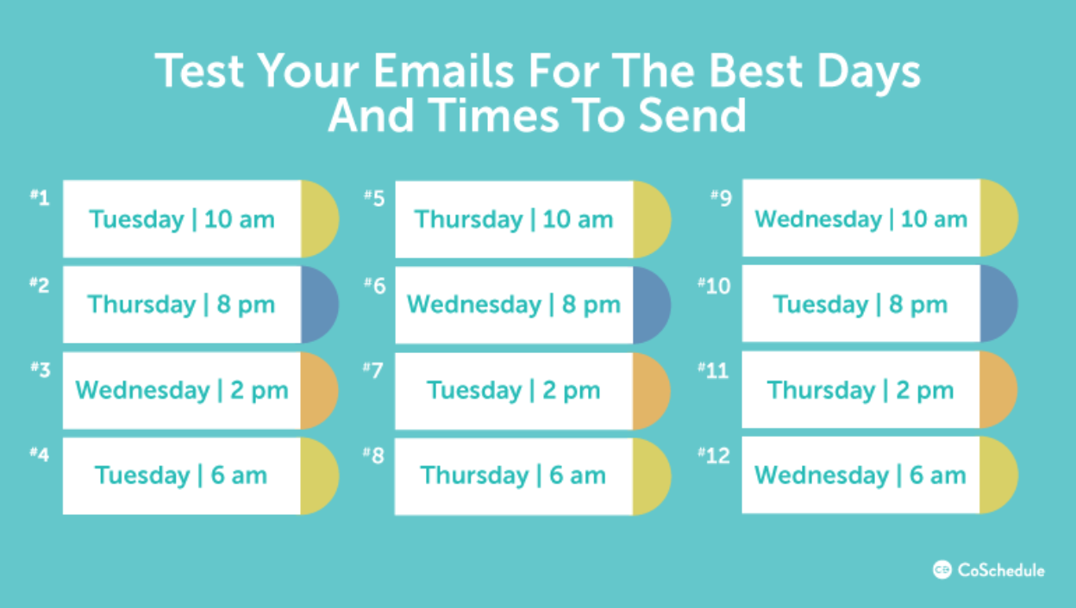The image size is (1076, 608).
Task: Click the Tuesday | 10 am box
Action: click(182, 219)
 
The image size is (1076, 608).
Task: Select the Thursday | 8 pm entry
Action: click(182, 305)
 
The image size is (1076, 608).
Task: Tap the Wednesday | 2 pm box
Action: click(182, 390)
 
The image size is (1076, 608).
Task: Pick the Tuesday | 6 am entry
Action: click(182, 475)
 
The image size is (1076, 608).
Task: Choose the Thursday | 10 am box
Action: click(514, 219)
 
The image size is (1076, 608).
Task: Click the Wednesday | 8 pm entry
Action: click(514, 305)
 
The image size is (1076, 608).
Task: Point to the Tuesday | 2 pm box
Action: click(514, 390)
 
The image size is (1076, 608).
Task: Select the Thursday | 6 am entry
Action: click(514, 475)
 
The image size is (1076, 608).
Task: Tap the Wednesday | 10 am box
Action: click(860, 219)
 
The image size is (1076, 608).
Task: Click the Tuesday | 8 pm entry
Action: click(860, 304)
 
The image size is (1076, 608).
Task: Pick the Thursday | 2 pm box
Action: click(860, 390)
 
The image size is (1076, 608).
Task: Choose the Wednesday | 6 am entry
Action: click(860, 475)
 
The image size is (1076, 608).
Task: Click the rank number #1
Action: click(40, 197)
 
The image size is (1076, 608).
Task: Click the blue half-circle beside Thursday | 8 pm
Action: click(318, 305)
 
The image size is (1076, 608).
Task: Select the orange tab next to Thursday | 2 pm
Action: click(997, 390)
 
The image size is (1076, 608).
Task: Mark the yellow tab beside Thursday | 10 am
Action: click(650, 219)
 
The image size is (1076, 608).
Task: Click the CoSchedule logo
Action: click(988, 570)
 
